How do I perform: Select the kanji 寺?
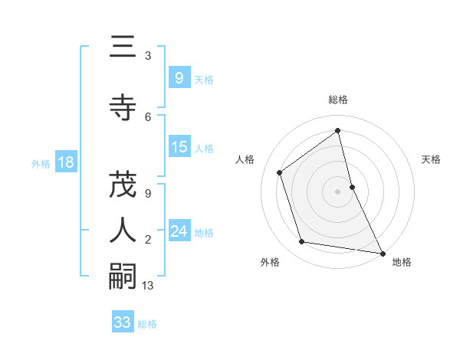click(123, 108)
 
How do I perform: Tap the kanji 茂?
click(123, 185)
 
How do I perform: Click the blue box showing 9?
click(179, 77)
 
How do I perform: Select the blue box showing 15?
click(179, 147)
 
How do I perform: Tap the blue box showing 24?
click(179, 231)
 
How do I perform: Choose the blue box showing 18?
click(64, 162)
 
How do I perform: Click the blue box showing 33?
click(122, 322)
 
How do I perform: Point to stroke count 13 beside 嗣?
click(149, 286)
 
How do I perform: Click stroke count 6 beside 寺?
click(148, 116)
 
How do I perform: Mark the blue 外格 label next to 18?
click(40, 163)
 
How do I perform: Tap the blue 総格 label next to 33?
click(147, 323)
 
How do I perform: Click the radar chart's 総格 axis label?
click(338, 100)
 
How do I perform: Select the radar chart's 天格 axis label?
click(432, 159)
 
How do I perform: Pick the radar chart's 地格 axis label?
click(402, 262)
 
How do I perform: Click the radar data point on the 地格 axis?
click(381, 251)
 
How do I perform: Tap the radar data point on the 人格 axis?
click(280, 172)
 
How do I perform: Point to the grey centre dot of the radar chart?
click(337, 191)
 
